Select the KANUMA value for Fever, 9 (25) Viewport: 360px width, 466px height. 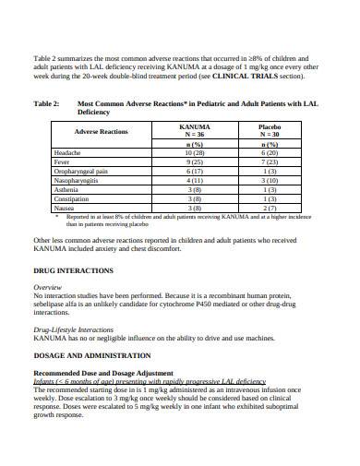195,161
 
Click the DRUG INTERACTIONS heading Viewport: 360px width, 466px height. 73,271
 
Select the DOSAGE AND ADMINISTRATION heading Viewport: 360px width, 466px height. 92,354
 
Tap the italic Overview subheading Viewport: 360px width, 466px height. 47,288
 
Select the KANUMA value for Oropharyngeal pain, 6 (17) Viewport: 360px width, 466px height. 195,171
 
